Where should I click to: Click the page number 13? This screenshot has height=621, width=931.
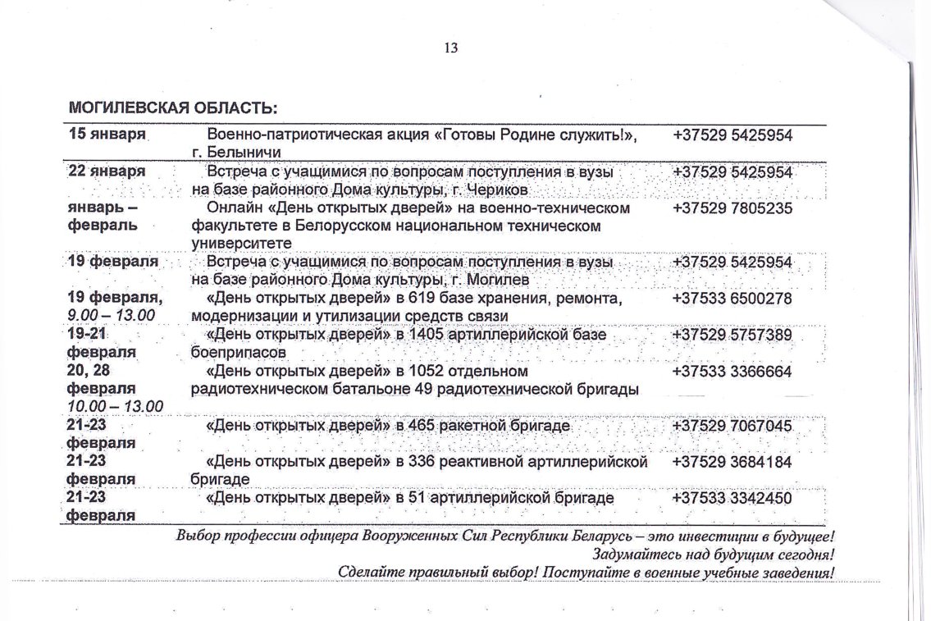(450, 48)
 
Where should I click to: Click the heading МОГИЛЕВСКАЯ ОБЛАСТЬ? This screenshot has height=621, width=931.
(174, 108)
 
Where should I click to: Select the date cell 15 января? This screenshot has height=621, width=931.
(107, 135)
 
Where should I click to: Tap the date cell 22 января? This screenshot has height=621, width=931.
(107, 172)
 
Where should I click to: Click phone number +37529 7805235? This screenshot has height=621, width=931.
(732, 208)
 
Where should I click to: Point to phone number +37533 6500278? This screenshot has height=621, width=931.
(732, 299)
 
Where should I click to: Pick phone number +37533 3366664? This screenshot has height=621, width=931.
(732, 371)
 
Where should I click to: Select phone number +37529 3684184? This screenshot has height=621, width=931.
(732, 462)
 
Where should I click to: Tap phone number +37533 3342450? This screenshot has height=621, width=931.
(732, 498)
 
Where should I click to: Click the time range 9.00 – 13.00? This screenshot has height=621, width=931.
(110, 315)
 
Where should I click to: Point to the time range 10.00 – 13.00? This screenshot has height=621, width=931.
(115, 406)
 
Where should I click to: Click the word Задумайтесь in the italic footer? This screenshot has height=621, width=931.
(644, 555)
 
